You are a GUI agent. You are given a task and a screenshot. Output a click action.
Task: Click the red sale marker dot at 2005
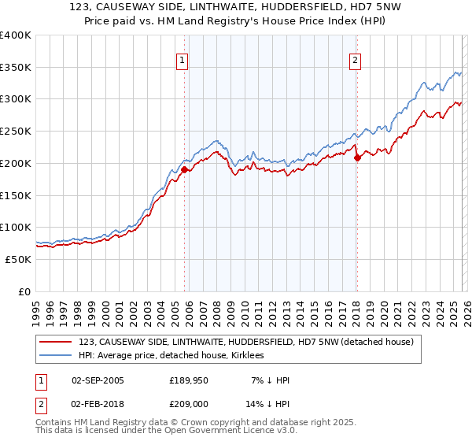pyautogui.click(x=184, y=169)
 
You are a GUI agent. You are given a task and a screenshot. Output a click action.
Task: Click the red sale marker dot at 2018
pyautogui.click(x=357, y=157)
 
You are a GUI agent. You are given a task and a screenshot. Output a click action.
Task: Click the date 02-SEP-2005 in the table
pyautogui.click(x=98, y=380)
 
